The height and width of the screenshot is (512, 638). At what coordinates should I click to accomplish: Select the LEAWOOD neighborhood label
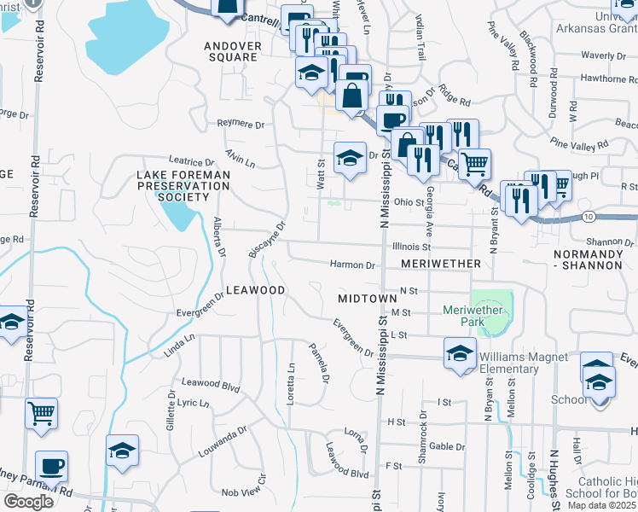255,291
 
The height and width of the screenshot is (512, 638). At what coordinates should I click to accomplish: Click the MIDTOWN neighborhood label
368,299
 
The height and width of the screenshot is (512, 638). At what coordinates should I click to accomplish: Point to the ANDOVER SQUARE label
230,51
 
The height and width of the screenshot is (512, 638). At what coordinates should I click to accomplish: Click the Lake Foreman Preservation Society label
173,186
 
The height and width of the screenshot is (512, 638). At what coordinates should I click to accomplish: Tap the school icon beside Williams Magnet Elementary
460,354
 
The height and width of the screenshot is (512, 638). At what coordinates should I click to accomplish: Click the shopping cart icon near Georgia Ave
474,162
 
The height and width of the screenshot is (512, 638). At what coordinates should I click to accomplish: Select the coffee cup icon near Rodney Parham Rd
51,467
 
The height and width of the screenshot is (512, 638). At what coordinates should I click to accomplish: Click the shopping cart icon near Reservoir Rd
41,413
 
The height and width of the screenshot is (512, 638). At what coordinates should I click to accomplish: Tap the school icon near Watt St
349,158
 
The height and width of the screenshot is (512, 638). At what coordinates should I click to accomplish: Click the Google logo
28,502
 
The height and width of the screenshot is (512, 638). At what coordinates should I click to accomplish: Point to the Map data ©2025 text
602,505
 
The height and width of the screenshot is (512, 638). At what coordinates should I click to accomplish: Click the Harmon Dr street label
353,265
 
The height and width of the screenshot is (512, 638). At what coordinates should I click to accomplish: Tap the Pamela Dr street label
320,361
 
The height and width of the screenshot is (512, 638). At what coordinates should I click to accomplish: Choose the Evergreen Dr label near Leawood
201,305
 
